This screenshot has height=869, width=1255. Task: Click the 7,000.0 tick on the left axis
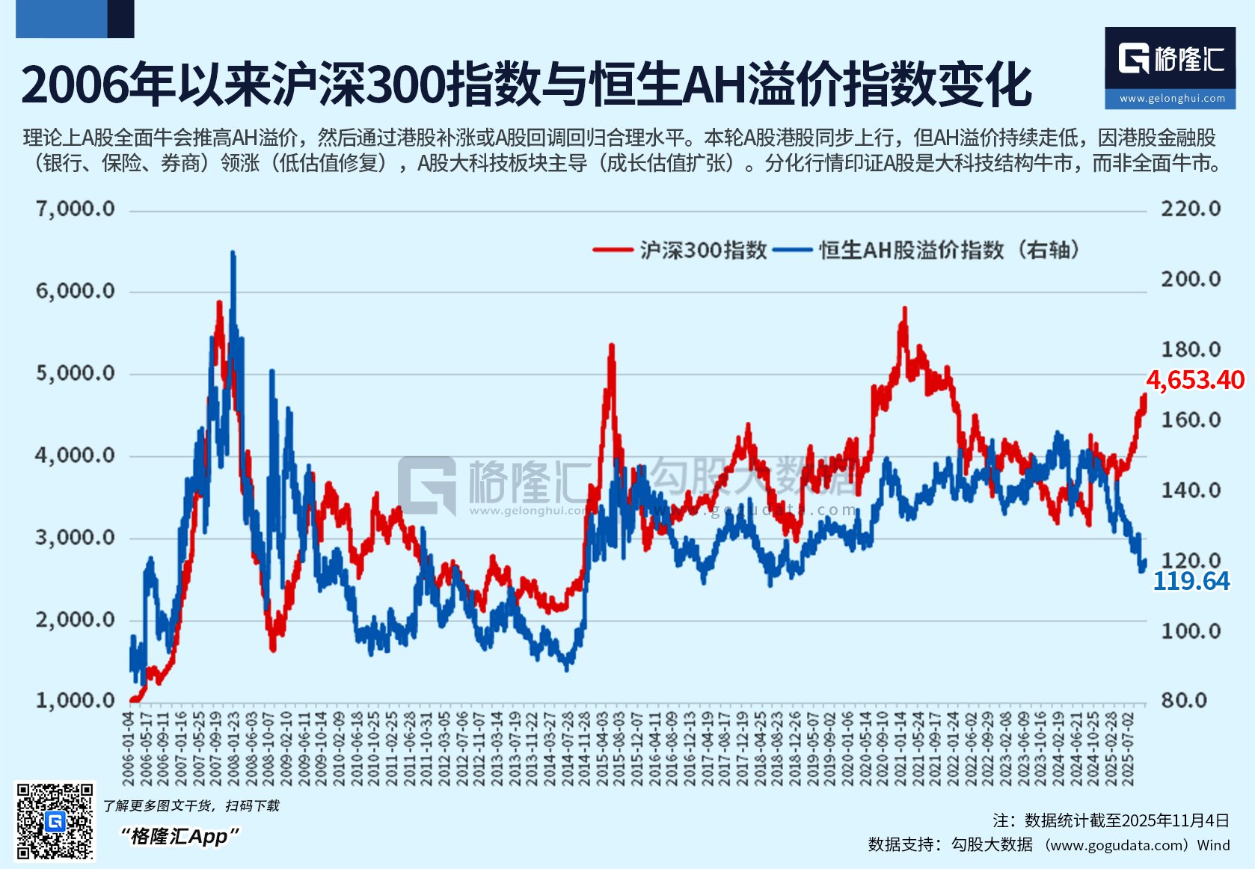point(76,209)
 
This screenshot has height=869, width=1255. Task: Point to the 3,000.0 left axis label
point(76,537)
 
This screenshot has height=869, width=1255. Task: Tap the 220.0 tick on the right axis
point(1190,209)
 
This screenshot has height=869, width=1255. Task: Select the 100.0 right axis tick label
point(1190,630)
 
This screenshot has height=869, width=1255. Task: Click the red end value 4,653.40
point(1194,380)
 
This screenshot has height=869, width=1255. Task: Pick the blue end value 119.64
point(1191,581)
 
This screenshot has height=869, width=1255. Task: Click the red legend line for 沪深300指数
point(613,250)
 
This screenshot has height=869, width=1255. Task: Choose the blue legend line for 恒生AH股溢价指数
point(792,250)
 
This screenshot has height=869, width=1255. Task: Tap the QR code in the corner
point(55,820)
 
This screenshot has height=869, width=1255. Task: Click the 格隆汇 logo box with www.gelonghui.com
point(1170,68)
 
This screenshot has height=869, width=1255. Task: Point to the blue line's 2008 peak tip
point(233,253)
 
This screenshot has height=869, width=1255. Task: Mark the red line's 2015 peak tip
point(612,345)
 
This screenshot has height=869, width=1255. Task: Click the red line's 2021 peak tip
point(905,307)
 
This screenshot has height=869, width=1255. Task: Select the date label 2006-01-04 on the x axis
point(129,747)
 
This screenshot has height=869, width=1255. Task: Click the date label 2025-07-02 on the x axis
point(1129,747)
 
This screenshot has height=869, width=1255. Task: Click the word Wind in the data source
point(1213,845)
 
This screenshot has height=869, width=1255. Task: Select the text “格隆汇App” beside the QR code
point(179,836)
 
